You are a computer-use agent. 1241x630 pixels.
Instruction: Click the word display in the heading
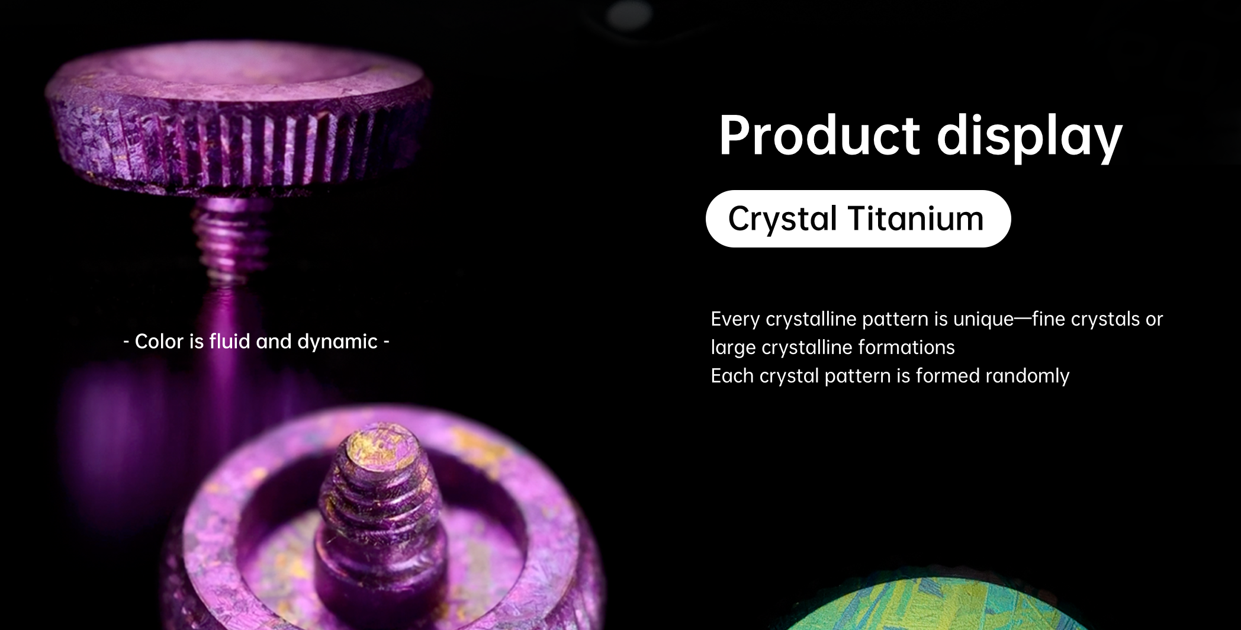pyautogui.click(x=1030, y=137)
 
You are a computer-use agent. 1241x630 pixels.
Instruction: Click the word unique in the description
pyautogui.click(x=983, y=320)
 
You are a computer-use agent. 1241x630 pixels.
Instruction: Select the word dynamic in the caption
pyautogui.click(x=337, y=342)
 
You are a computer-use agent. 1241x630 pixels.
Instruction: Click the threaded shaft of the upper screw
pyautogui.click(x=232, y=237)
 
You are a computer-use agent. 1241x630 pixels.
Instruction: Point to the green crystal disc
pyautogui.click(x=935, y=607)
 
